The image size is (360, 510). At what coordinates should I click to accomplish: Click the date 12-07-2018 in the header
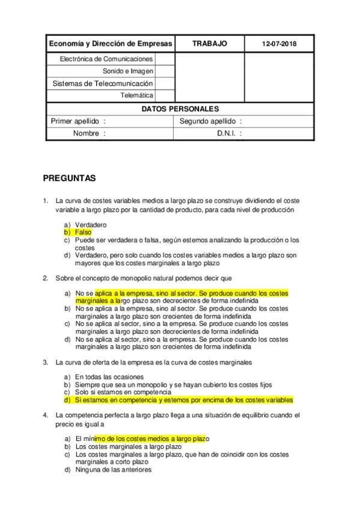coord(279,45)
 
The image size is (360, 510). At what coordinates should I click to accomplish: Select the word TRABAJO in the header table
coord(209,44)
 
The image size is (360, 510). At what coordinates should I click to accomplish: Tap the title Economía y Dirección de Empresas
coord(110,44)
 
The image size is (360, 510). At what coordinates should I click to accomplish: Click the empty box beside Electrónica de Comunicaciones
coord(164,59)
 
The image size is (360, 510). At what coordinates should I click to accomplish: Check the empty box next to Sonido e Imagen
coord(164,71)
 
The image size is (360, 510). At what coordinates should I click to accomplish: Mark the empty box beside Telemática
coord(164,95)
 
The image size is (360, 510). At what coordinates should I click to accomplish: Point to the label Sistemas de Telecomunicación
coord(103,84)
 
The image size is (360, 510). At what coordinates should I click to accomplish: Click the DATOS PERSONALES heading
coord(180,109)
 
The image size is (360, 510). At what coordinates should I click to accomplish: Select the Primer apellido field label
coord(78,121)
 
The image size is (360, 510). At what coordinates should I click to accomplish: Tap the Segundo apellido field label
coord(210,121)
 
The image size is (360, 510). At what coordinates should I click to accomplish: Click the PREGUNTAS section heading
coord(69,179)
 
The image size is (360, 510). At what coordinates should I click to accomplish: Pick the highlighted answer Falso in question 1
coord(84,232)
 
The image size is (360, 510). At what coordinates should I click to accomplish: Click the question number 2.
coord(46,278)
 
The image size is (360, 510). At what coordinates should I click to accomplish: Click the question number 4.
coord(46,416)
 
